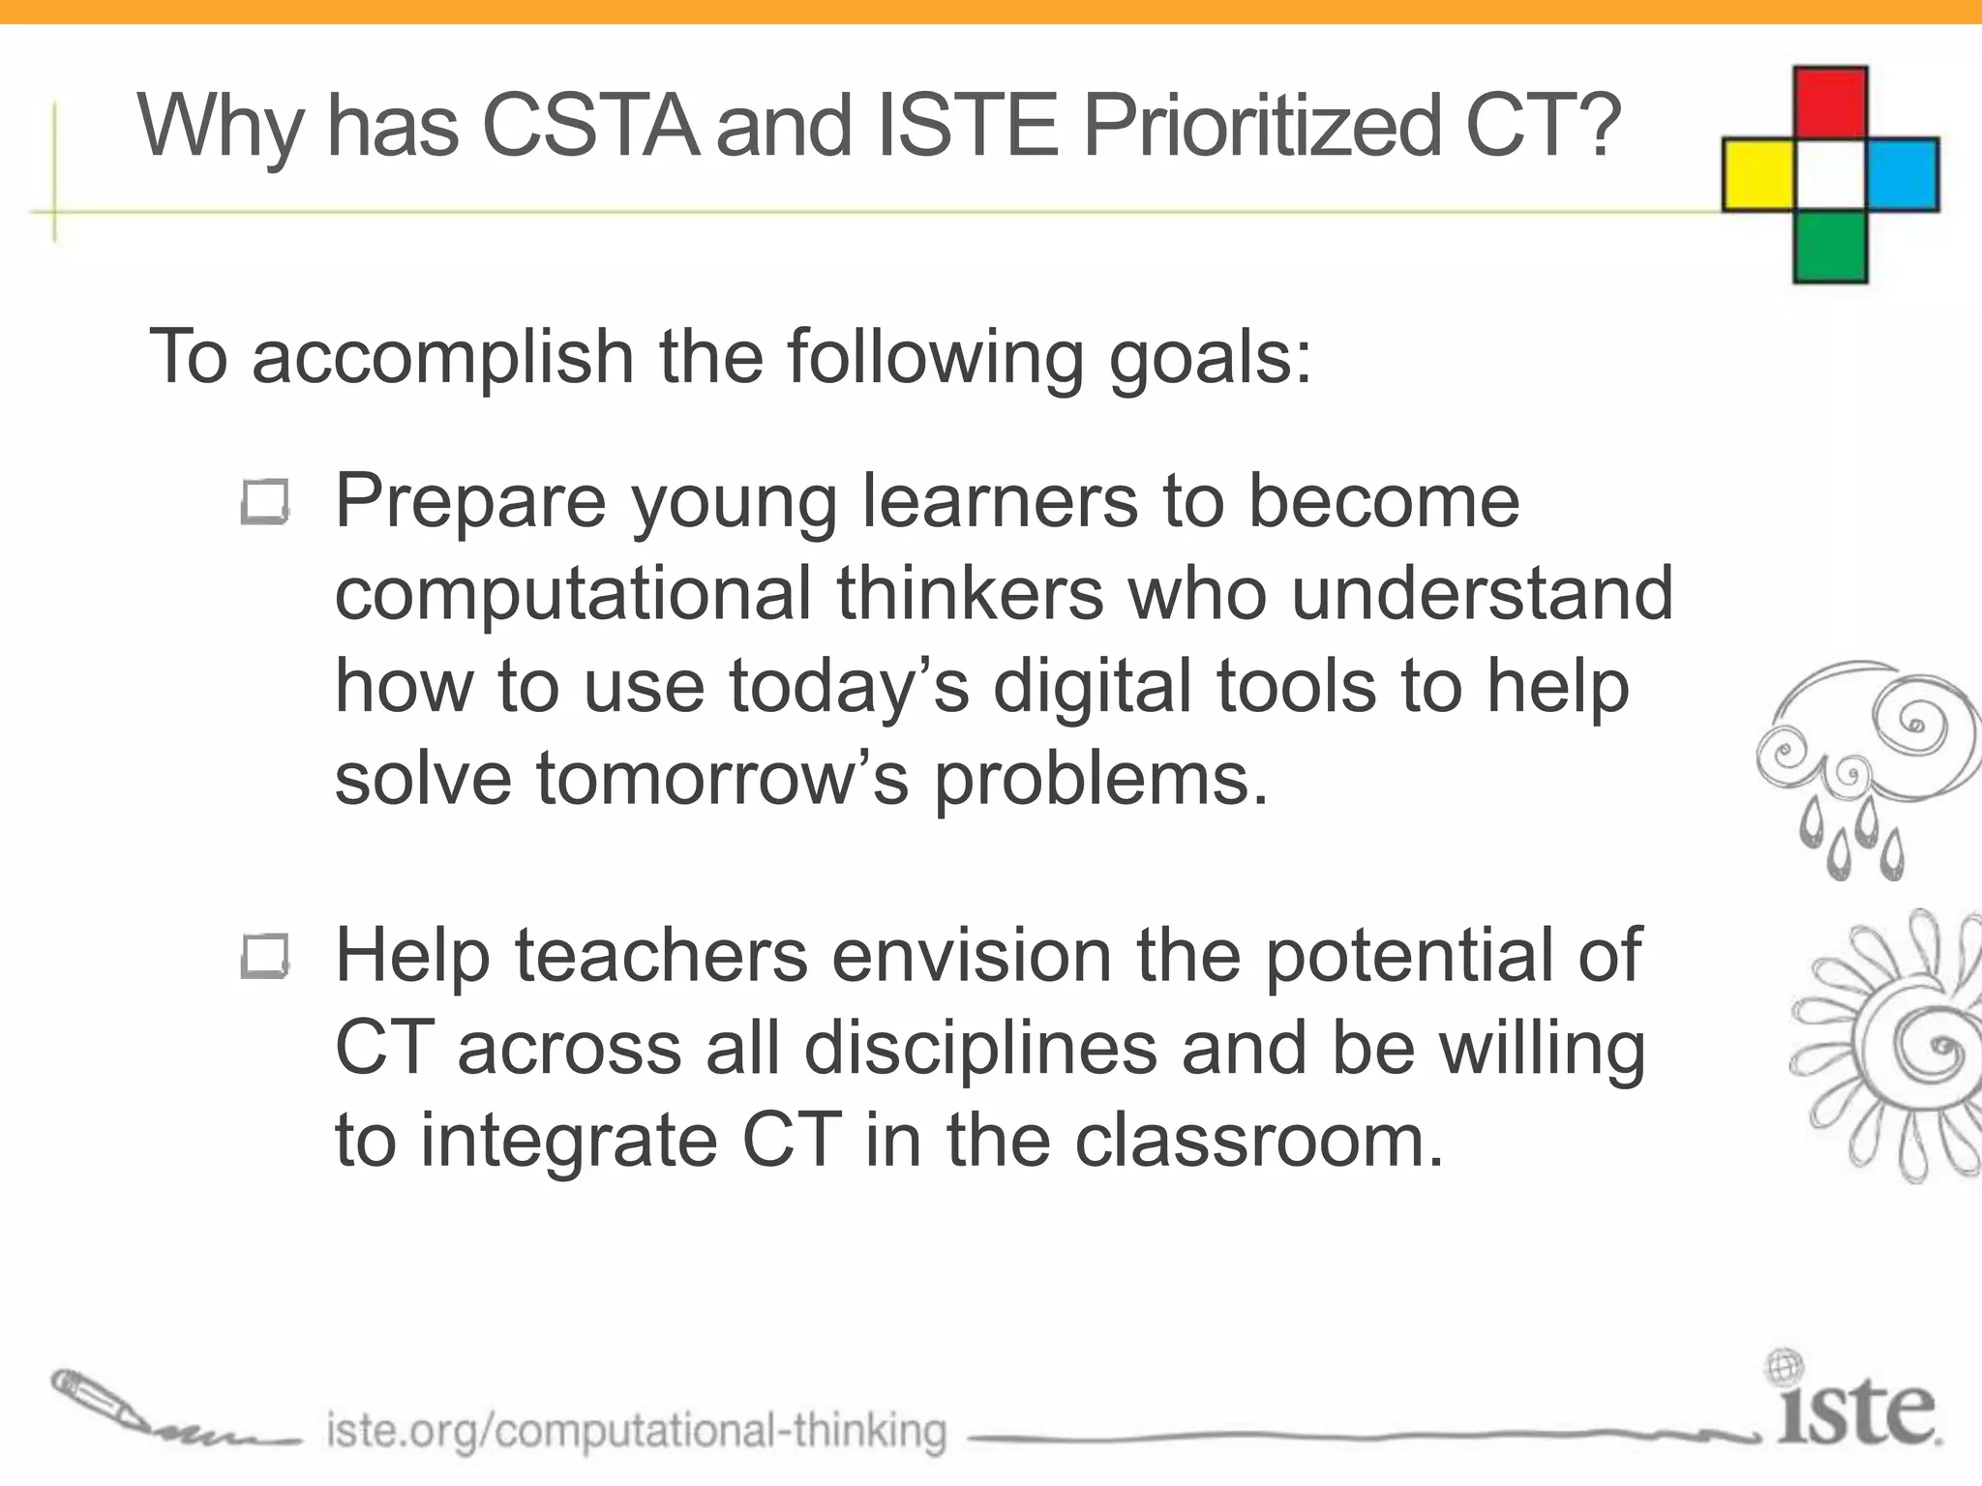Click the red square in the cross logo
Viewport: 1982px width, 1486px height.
pyautogui.click(x=1830, y=104)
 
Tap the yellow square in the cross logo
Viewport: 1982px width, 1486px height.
pyautogui.click(x=1758, y=175)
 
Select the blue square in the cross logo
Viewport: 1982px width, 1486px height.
pyautogui.click(x=1903, y=175)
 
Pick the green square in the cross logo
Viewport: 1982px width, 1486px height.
pyautogui.click(x=1830, y=247)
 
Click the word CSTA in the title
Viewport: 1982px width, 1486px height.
pyautogui.click(x=590, y=126)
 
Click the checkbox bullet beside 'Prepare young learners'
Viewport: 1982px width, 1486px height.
pyautogui.click(x=264, y=502)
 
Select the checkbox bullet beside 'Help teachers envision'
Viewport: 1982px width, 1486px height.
pyautogui.click(x=264, y=957)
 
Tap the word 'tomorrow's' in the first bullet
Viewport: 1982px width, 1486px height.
pyautogui.click(x=722, y=778)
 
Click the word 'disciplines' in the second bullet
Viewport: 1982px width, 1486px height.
pyautogui.click(x=980, y=1049)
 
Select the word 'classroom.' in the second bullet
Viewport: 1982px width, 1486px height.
pyautogui.click(x=1259, y=1141)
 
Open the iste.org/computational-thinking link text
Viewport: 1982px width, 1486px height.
pyautogui.click(x=636, y=1431)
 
